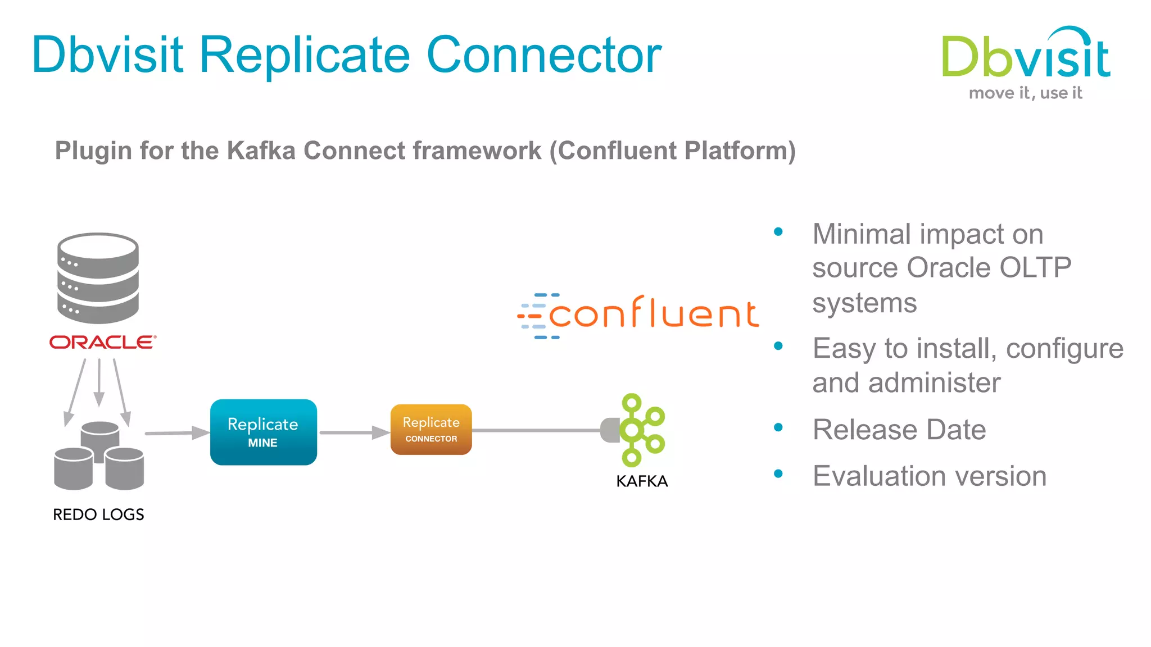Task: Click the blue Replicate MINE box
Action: (x=263, y=432)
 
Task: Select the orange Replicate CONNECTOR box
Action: (x=431, y=430)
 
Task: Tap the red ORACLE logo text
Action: (x=102, y=342)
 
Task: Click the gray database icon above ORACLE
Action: (x=98, y=278)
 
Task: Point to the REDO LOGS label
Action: (x=98, y=514)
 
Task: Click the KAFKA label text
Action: (x=642, y=481)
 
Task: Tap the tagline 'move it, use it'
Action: (x=1025, y=93)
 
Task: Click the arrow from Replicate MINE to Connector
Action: (x=354, y=432)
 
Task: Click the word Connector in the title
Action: (x=544, y=55)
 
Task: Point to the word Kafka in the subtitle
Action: (x=261, y=151)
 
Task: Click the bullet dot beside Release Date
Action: (x=778, y=427)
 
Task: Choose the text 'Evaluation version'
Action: (x=929, y=476)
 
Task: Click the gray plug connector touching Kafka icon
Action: (x=610, y=430)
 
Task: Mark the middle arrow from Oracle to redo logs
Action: (x=99, y=382)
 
